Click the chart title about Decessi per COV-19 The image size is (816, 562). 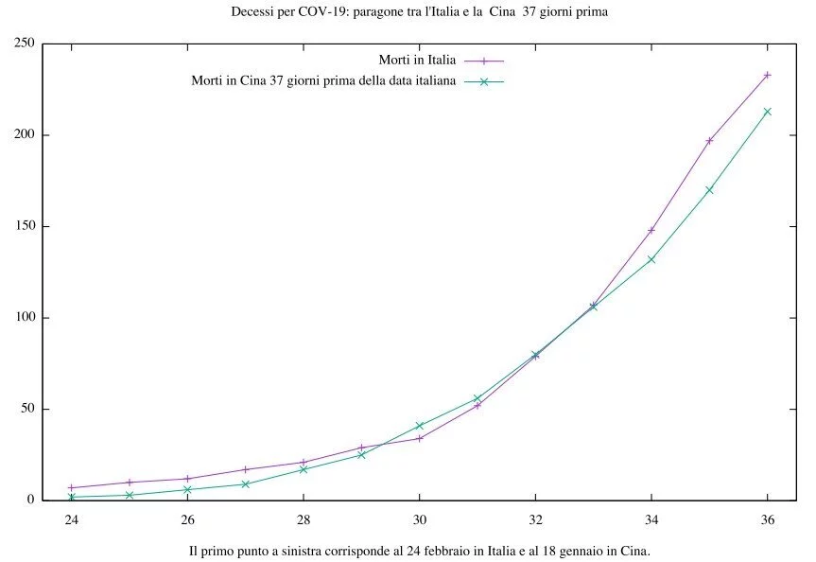tap(419, 12)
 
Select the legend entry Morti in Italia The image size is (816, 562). tap(417, 61)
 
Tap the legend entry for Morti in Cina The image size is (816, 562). tap(324, 81)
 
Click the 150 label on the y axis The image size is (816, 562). tap(24, 226)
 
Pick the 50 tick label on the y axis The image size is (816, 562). tap(26, 409)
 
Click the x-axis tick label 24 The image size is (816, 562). tap(71, 518)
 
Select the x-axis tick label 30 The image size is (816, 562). tap(419, 518)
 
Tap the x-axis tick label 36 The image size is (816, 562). tap(767, 518)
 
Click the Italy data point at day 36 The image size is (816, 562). tap(767, 75)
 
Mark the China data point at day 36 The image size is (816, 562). tap(767, 112)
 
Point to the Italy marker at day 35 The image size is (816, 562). tap(709, 140)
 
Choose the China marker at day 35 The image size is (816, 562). tap(709, 190)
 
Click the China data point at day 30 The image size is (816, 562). tap(419, 426)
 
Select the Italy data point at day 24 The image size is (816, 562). tap(71, 487)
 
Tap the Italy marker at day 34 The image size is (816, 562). tap(651, 230)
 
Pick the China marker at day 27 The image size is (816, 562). tap(245, 483)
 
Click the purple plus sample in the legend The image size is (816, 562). tap(483, 61)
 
